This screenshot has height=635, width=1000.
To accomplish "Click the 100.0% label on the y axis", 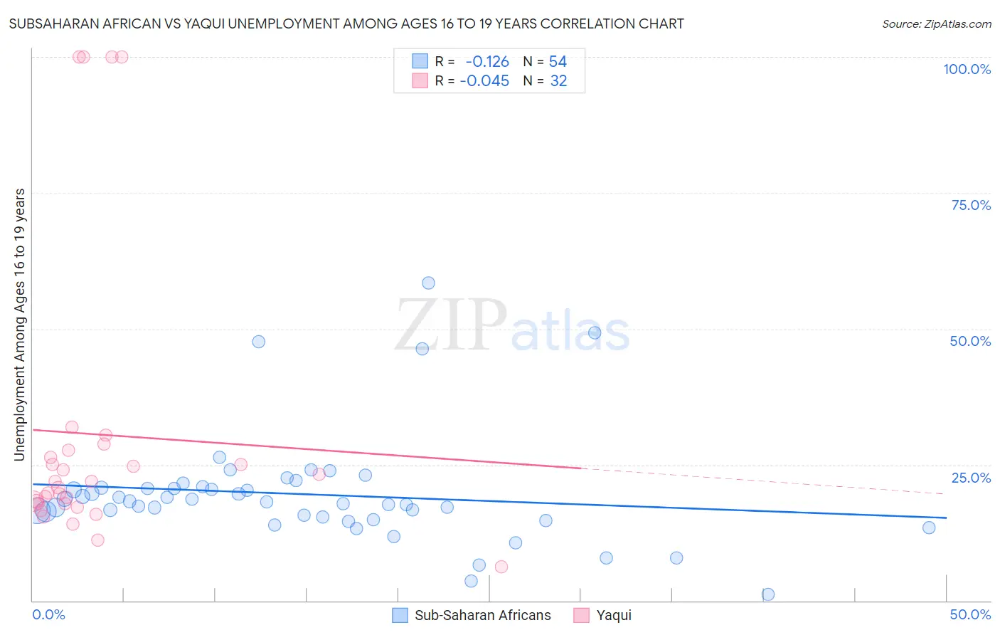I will (x=967, y=69).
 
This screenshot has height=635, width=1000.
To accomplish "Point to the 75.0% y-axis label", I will (x=971, y=205).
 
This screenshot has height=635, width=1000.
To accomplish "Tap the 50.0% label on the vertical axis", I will (x=970, y=341).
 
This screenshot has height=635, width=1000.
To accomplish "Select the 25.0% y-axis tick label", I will (x=971, y=478).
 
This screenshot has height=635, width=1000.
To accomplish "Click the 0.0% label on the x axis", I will (x=48, y=614).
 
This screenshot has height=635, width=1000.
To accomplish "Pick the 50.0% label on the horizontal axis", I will (x=970, y=614).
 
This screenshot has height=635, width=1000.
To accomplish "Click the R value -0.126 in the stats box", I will (x=487, y=61).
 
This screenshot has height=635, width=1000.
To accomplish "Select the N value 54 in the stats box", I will (x=558, y=61).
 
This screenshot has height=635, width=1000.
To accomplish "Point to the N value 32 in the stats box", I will (x=558, y=81).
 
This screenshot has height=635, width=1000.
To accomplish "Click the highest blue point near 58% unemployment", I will (x=428, y=283).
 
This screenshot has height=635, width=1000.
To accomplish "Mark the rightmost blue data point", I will (x=929, y=528).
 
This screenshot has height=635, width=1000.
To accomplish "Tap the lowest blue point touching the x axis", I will (x=768, y=594).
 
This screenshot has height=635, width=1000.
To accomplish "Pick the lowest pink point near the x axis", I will (x=501, y=567).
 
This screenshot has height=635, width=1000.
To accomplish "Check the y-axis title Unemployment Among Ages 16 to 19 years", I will (x=20, y=325).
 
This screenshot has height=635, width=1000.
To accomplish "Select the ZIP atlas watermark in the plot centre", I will (x=512, y=327).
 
